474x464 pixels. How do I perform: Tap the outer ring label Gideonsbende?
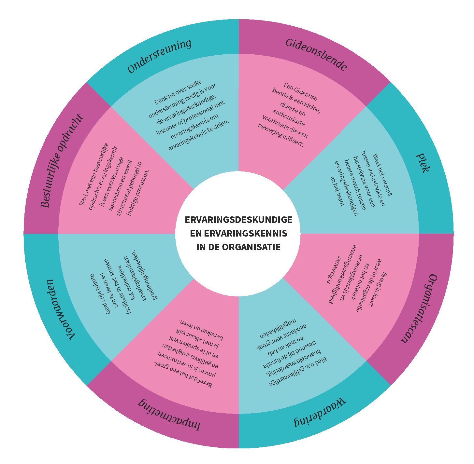point(316,55)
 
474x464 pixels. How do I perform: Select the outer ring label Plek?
point(423,163)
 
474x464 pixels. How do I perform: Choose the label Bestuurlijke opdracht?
point(62,161)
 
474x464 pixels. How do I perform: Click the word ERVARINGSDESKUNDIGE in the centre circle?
point(238,220)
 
